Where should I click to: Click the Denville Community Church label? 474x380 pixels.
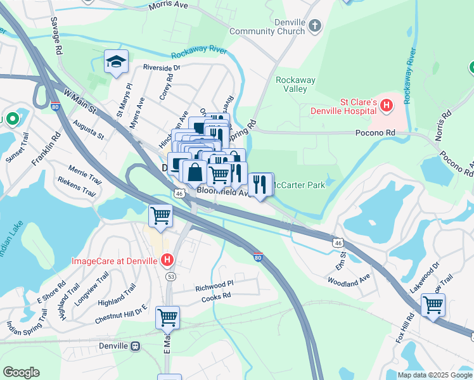tap(267, 27)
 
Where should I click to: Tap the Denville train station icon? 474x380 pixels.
tap(135, 346)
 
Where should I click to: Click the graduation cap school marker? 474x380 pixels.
tap(116, 61)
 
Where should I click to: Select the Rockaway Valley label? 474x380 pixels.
tap(295, 84)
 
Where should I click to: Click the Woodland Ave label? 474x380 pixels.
tap(349, 279)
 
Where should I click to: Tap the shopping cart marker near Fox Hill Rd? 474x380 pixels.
tap(433, 305)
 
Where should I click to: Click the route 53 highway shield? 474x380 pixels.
tap(170, 277)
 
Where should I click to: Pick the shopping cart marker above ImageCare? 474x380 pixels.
tap(160, 215)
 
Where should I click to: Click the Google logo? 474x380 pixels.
tap(21, 372)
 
